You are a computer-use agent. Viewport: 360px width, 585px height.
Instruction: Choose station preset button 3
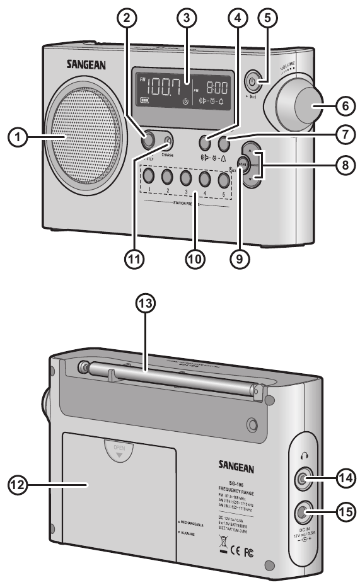(185, 178)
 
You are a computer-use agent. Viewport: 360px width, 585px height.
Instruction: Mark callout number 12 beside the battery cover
(18, 485)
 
